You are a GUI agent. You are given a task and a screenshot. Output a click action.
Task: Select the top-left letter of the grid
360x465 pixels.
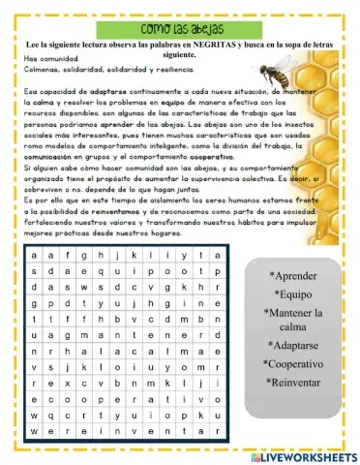click(x=36, y=256)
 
